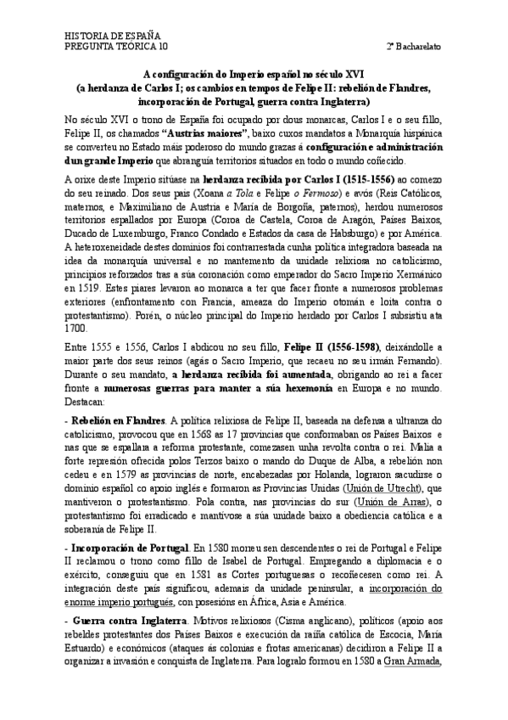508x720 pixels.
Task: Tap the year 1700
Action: [76, 326]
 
